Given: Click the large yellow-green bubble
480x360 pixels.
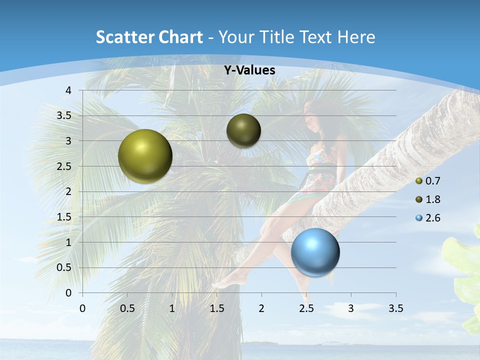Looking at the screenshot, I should [x=145, y=156].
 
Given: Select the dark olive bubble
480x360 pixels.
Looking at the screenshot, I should [x=243, y=130].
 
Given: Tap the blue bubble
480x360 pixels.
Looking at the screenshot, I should [x=315, y=252].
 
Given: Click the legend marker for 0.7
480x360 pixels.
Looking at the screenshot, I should [x=419, y=181].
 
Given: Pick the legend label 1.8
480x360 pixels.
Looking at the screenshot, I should [x=432, y=199].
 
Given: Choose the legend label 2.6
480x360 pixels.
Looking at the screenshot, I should [x=432, y=218].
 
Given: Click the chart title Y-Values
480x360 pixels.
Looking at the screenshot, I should [x=249, y=70].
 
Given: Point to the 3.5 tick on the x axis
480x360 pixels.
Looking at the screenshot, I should [x=395, y=308].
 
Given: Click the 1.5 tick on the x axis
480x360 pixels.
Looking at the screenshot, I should [x=216, y=308].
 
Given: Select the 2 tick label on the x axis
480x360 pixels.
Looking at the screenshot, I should [x=261, y=308].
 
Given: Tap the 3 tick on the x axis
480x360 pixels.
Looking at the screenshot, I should [x=350, y=308].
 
